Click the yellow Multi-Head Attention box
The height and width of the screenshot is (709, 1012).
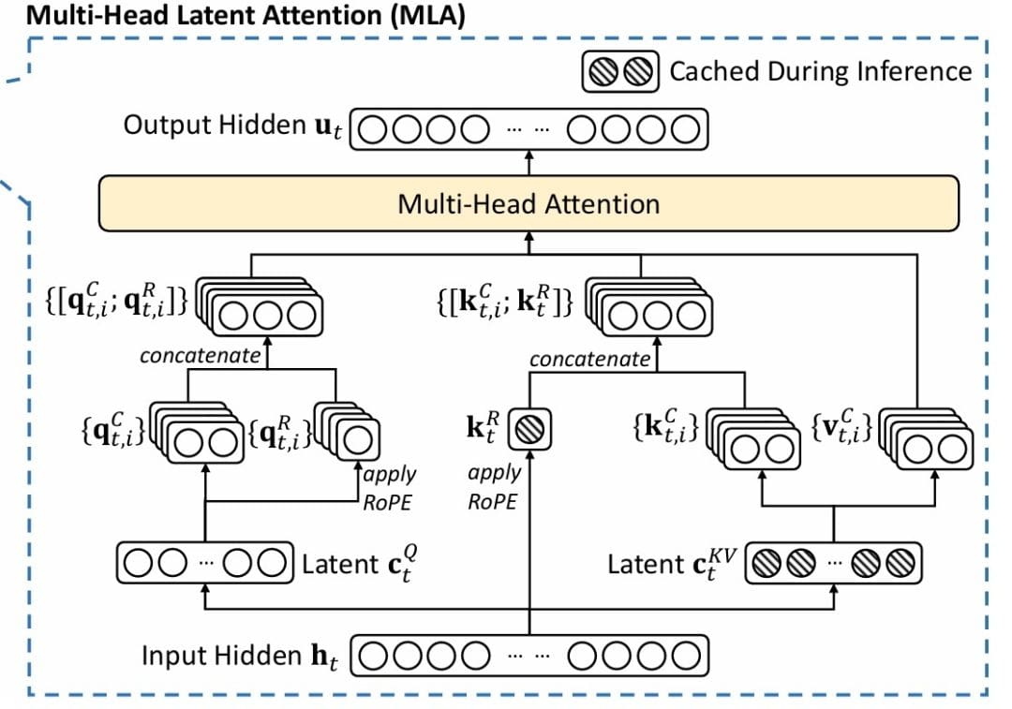(x=528, y=203)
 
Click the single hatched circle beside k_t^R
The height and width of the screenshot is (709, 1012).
(x=529, y=432)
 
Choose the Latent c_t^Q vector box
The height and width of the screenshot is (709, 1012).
(x=201, y=563)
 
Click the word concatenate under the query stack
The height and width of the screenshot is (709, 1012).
(x=200, y=356)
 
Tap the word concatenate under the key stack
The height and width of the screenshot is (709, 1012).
(x=589, y=359)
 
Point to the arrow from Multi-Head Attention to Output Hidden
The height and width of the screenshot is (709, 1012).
(x=528, y=162)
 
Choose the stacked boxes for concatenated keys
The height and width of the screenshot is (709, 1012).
(x=650, y=310)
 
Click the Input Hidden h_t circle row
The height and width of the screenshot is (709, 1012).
(x=528, y=656)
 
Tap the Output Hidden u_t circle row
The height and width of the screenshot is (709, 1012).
(x=528, y=129)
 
